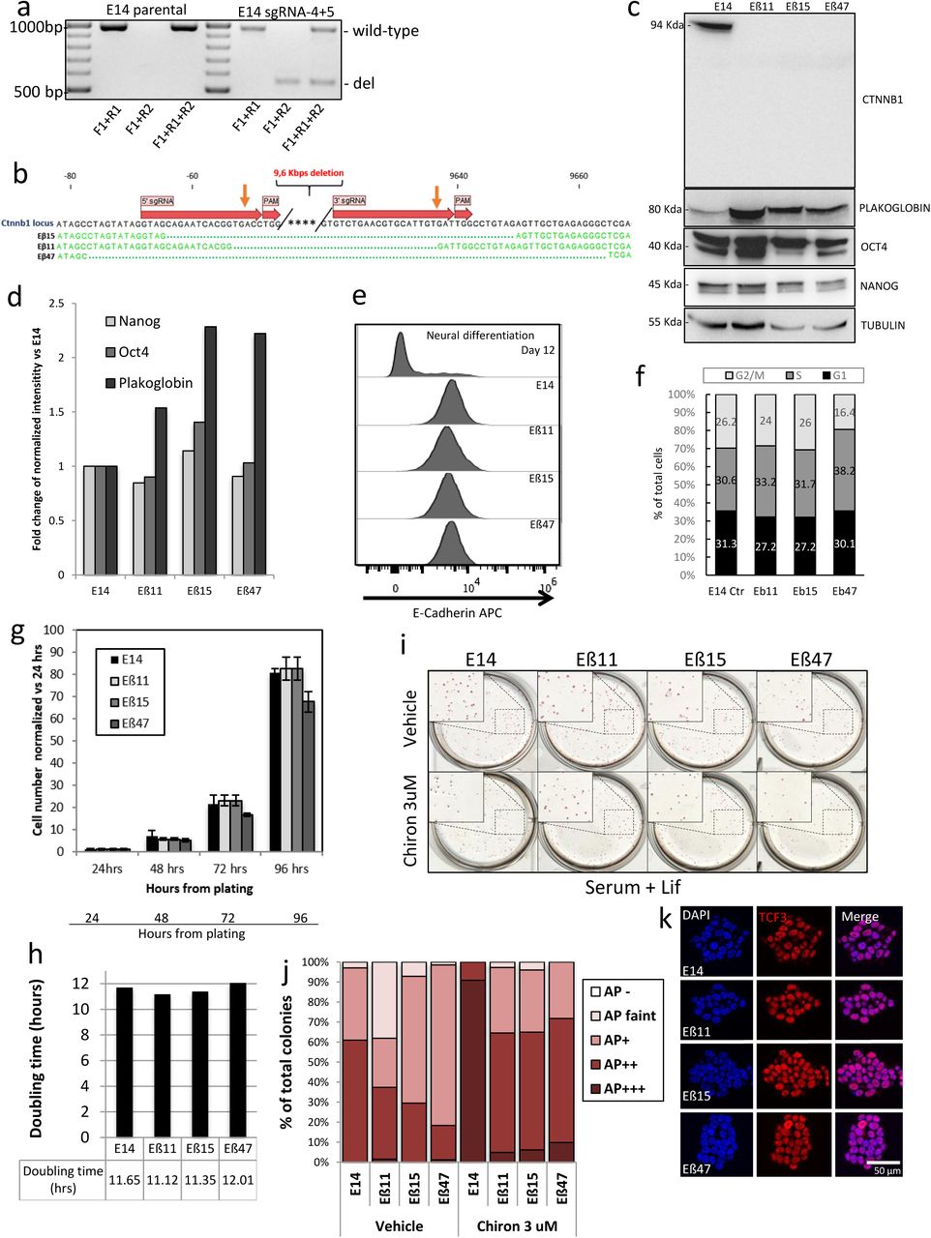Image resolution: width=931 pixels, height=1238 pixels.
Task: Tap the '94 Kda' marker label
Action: (667, 26)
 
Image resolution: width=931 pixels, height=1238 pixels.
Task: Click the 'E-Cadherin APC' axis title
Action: (457, 612)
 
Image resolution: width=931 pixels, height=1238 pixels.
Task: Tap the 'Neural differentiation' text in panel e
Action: (480, 336)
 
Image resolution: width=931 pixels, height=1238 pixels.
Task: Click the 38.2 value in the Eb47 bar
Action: (844, 470)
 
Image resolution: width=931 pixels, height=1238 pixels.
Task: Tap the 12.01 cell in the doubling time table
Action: (238, 1180)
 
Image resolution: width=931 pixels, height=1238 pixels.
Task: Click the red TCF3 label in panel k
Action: (773, 916)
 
